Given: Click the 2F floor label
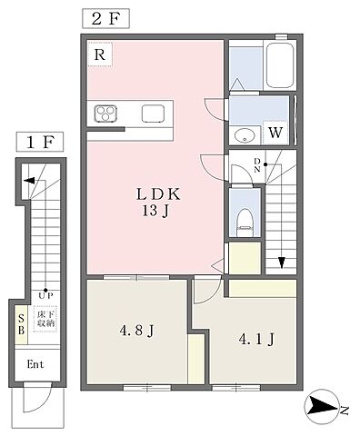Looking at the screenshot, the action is point(105,19).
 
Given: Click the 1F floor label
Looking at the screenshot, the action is point(40,142).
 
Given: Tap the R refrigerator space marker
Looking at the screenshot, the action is point(100,54).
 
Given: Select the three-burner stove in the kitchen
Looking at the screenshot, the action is point(105,114).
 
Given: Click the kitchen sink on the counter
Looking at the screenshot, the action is point(154,114).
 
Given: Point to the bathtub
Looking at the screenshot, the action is point(280,65).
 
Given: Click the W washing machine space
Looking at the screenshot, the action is point(275,133).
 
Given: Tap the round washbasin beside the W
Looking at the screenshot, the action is point(245,135).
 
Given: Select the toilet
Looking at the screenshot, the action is point(245,222).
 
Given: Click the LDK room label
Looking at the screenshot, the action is point(158,194).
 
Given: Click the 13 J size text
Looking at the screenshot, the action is point(155,211).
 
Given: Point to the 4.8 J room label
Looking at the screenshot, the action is point(137,331).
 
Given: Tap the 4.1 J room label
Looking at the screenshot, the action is point(256,339).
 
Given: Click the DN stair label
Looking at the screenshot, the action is point(257,165).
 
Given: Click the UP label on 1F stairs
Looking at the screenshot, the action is point(45,295).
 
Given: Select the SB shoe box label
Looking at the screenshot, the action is point(21,324).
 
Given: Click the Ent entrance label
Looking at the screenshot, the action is point(35,364).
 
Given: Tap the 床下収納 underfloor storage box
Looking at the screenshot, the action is point(45,319).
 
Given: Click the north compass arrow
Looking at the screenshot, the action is point(323,406).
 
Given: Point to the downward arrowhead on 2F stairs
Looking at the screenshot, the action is point(282,263).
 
